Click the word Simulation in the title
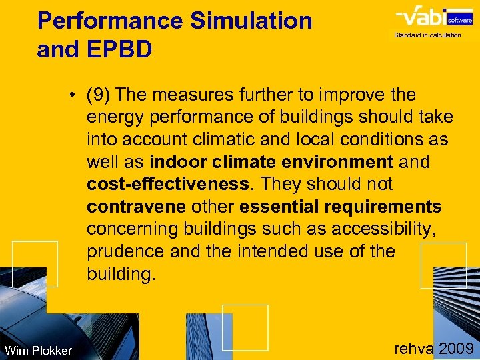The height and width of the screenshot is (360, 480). coord(251,21)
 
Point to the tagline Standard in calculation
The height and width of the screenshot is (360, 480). coord(427,35)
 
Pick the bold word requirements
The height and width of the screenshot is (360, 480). coord(385,207)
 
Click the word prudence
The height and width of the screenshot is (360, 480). coord(125,252)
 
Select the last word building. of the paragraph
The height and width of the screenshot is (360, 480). coord(121,274)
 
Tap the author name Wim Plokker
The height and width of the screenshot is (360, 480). coord(38,350)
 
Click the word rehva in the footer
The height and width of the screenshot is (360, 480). coord(413,349)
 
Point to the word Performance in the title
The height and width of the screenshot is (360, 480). coord(109,21)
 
